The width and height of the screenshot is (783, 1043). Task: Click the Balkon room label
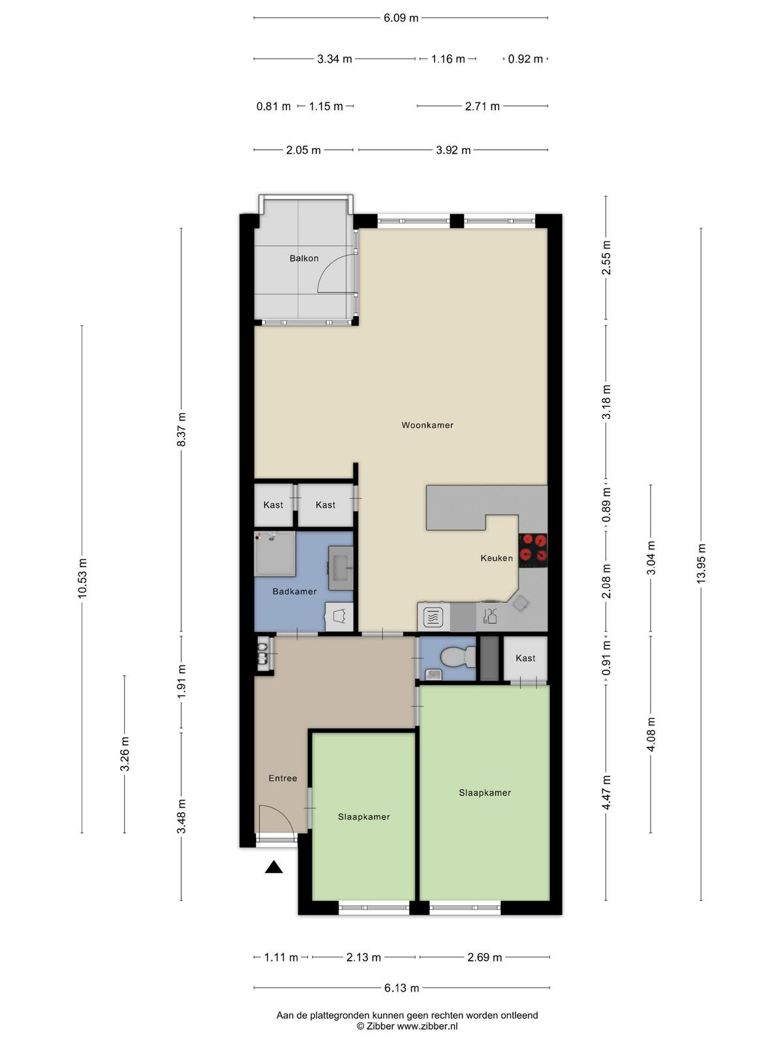304,259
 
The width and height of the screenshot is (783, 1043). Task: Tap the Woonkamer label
427,425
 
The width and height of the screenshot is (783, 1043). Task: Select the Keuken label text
497,558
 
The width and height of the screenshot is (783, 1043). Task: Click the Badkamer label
294,592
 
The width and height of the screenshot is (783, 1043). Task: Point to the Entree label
283,778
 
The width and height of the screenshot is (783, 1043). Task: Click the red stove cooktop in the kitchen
533,551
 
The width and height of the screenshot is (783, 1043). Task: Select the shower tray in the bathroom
275,554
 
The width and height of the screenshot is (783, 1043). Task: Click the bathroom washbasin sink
341,568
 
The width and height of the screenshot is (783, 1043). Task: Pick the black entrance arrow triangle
274,868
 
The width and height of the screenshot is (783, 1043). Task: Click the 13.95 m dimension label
701,564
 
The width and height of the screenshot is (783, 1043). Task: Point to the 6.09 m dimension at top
401,18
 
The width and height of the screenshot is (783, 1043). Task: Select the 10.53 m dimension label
82,578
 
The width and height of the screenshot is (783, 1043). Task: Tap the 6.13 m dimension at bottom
402,988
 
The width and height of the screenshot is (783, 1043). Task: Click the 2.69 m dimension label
484,958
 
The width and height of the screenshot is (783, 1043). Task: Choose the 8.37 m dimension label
181,430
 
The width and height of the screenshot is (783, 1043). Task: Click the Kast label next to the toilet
525,658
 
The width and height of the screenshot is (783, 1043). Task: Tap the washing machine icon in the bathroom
339,617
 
